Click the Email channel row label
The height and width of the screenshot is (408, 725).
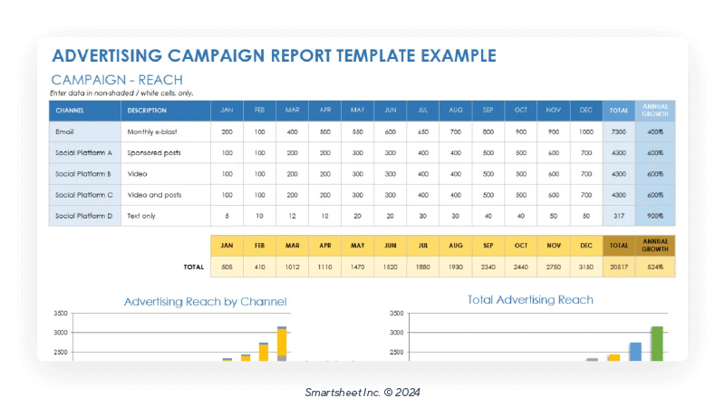64,131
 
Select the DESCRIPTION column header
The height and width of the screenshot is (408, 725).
147,111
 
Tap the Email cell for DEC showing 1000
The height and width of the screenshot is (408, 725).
586,131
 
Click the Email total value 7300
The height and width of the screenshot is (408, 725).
619,131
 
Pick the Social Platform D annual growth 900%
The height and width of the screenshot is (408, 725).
655,216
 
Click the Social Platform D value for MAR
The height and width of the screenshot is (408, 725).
293,216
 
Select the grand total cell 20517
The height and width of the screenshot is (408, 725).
619,267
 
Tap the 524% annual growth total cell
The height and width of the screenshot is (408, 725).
655,267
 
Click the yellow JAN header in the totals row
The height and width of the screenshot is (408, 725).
227,246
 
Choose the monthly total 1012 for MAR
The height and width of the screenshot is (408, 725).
293,267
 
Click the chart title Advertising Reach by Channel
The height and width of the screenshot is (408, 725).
205,301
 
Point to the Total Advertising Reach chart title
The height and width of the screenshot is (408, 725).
530,299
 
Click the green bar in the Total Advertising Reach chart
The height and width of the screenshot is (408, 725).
657,344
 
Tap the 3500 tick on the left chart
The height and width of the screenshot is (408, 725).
61,313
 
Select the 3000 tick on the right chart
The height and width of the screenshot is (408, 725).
396,333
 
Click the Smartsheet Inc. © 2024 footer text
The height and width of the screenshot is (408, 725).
362,392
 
